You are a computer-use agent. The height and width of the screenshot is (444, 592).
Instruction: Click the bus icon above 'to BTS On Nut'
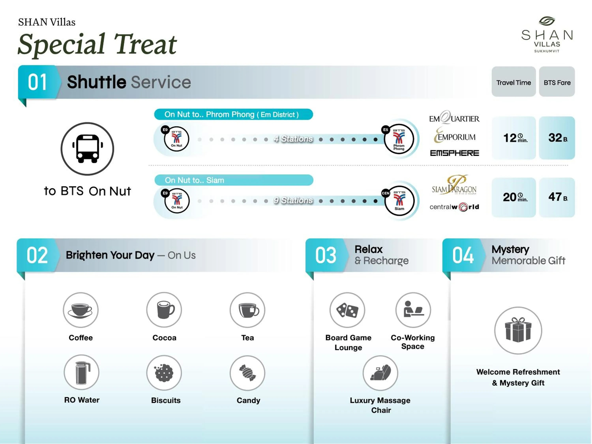coord(87,149)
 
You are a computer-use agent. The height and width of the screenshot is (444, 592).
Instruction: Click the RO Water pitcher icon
coord(81,372)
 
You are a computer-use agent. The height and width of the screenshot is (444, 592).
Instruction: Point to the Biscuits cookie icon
coord(164,373)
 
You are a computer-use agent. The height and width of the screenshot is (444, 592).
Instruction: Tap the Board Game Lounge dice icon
coord(347,310)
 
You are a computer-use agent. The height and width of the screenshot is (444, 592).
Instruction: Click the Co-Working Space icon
coord(413,310)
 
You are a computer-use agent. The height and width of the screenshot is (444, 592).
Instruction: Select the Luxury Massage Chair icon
coord(380,373)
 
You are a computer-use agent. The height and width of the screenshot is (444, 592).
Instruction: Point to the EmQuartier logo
coord(454,118)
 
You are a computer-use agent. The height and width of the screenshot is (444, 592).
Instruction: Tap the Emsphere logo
coord(454,153)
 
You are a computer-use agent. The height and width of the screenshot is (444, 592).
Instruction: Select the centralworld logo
coord(454,207)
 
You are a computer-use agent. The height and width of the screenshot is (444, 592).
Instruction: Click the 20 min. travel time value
coord(514,197)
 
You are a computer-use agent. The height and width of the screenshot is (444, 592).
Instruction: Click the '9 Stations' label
coord(293,200)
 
